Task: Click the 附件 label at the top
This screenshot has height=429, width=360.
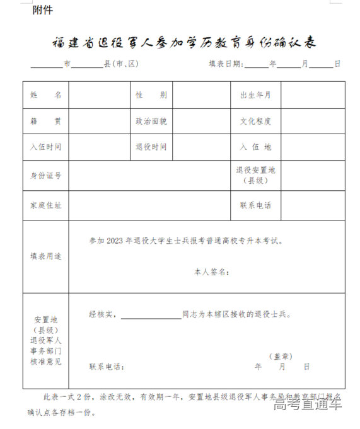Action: [x=43, y=10]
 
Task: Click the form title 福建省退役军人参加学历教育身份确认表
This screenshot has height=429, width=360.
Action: [x=184, y=43]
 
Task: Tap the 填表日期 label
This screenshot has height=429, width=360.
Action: [x=224, y=64]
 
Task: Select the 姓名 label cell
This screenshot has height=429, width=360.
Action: [x=46, y=95]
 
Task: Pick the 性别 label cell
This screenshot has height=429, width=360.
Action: [x=151, y=95]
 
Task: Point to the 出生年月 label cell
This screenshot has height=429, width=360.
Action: [x=255, y=95]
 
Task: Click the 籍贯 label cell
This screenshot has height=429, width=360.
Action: [x=46, y=121]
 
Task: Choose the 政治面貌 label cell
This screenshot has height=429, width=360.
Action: [x=151, y=121]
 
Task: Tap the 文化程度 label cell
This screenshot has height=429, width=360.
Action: [x=255, y=121]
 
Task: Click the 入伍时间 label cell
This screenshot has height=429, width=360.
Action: [x=46, y=147]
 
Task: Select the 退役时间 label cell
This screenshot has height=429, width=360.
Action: [x=151, y=147]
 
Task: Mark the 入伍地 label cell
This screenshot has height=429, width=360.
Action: [x=255, y=147]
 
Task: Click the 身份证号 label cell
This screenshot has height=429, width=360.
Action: [x=46, y=175]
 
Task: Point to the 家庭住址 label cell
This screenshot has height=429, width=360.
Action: [x=46, y=205]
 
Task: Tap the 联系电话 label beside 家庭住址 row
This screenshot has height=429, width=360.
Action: [x=255, y=205]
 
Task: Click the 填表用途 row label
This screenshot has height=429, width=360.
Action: [x=46, y=256]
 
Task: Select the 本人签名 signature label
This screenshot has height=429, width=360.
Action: [x=211, y=272]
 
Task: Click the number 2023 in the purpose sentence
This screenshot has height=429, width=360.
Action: [x=117, y=241]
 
